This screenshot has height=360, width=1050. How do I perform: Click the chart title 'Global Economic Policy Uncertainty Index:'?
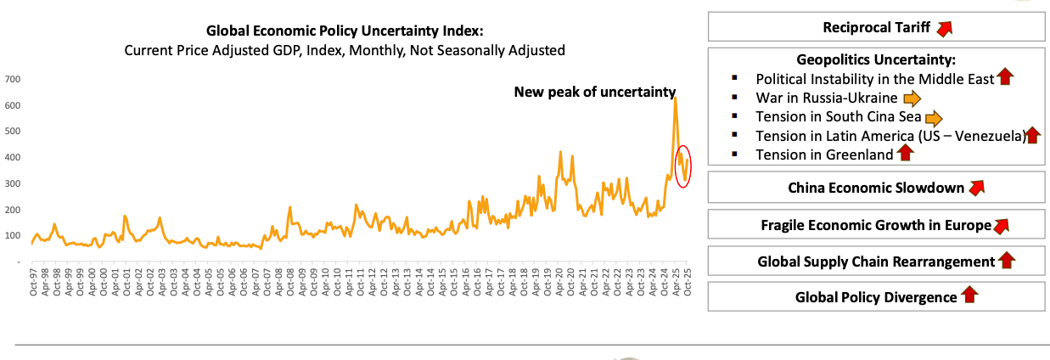pos(345,31)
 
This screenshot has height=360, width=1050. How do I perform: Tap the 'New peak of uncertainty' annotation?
pos(594,92)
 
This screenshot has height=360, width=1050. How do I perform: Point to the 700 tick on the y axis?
pos(13,79)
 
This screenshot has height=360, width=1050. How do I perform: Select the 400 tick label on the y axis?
pos(13,157)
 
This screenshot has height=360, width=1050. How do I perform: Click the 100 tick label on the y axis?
pos(13,236)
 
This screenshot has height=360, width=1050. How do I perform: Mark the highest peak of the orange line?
pos(675,98)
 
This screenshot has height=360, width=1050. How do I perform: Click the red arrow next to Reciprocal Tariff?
pos(944,28)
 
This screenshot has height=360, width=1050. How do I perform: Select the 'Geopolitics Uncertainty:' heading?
pos(876,59)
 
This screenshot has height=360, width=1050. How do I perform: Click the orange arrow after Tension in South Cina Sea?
pos(933,117)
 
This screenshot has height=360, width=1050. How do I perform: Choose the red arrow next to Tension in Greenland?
pos(905,154)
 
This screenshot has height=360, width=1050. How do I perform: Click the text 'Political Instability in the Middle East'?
pos(874,78)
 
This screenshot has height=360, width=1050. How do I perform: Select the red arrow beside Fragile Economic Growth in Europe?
pos(1001,226)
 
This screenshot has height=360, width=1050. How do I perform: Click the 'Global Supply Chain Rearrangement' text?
pos(875,262)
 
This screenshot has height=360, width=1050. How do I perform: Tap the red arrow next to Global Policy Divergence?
pos(969,296)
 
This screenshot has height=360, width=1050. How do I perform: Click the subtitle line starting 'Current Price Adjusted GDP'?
pos(345,50)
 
